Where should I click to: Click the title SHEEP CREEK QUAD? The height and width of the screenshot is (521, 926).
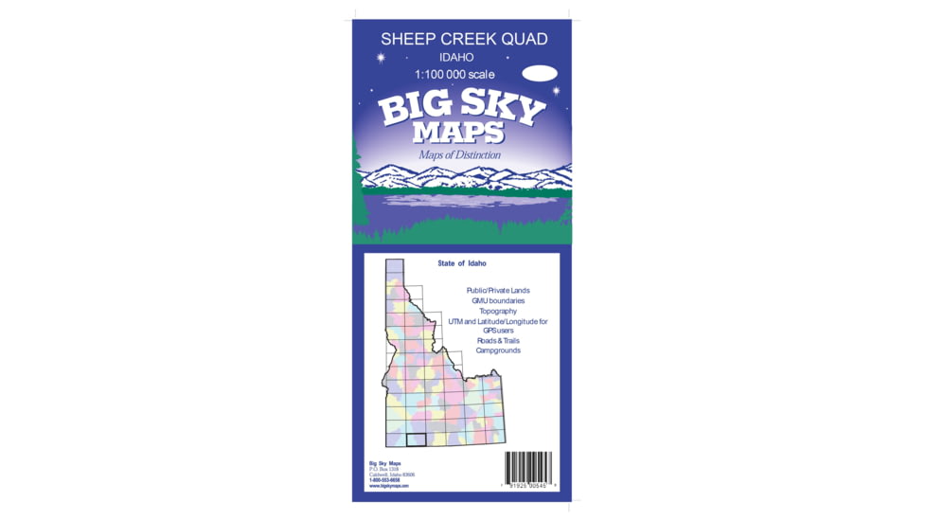point(463,39)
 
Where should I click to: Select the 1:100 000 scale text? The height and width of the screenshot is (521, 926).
point(454,74)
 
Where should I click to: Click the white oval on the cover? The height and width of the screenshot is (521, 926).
point(539,72)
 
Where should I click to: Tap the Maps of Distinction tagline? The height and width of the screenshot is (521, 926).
point(460,154)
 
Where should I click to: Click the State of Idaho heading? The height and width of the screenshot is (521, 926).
point(462,263)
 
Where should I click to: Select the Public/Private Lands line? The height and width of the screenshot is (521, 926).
point(498,291)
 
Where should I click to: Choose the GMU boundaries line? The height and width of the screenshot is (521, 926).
point(498,301)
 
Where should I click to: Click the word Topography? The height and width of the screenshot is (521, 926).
point(498,311)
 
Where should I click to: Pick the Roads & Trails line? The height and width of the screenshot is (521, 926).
point(498,341)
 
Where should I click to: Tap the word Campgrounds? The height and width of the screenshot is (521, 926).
point(498,350)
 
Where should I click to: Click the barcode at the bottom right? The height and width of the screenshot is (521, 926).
point(528,467)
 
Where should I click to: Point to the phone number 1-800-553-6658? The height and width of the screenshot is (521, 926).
point(384,480)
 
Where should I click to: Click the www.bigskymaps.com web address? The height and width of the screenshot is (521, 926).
point(388,486)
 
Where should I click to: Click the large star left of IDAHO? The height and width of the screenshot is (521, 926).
point(382,58)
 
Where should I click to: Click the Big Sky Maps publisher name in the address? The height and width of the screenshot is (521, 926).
point(384,463)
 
